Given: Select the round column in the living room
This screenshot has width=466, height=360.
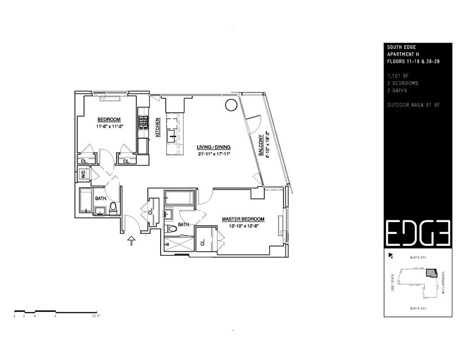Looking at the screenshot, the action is (230, 105).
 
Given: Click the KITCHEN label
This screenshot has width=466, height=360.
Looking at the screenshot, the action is (157, 127).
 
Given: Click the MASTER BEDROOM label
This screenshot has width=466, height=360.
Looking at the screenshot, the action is (243, 219).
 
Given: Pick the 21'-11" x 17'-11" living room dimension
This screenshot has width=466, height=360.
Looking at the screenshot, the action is (214, 154).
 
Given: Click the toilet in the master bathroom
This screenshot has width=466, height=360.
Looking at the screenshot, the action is (172, 229).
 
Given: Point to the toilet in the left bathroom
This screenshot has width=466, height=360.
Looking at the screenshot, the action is (113, 207).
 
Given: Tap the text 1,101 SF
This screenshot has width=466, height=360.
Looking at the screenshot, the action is (396, 75).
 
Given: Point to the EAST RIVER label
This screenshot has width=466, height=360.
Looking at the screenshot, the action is (392, 282).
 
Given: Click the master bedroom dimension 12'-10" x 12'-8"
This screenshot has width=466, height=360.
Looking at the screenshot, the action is (243, 225).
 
